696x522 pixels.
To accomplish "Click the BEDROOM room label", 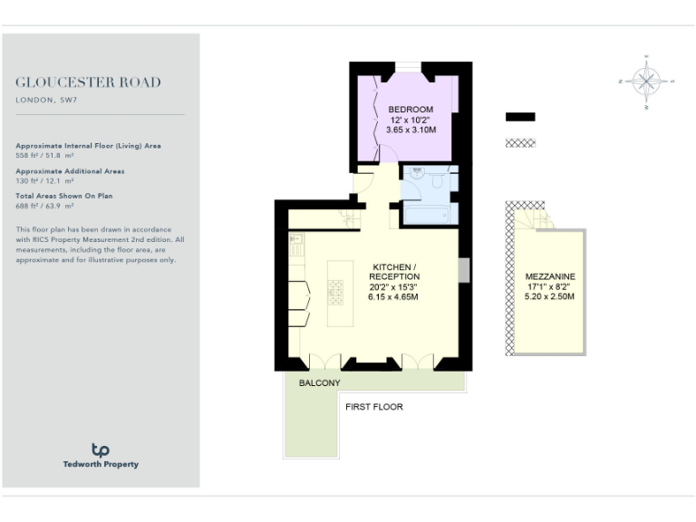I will (x=411, y=110).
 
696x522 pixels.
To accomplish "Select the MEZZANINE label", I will (x=550, y=275).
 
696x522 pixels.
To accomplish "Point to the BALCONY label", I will (x=320, y=382).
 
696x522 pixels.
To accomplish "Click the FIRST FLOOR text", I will (x=374, y=407).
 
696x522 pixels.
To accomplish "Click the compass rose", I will (x=647, y=82).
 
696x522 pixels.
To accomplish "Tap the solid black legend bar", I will (x=520, y=117).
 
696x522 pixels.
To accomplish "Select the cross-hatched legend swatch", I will (x=520, y=143).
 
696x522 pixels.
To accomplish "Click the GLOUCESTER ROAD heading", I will (x=89, y=82).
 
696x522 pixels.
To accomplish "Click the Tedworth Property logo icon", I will (x=101, y=449).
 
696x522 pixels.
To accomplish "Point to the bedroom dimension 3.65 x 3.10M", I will (x=411, y=130).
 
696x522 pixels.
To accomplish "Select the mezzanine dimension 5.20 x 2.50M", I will (x=550, y=297).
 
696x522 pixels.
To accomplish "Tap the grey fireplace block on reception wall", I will (x=463, y=270).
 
